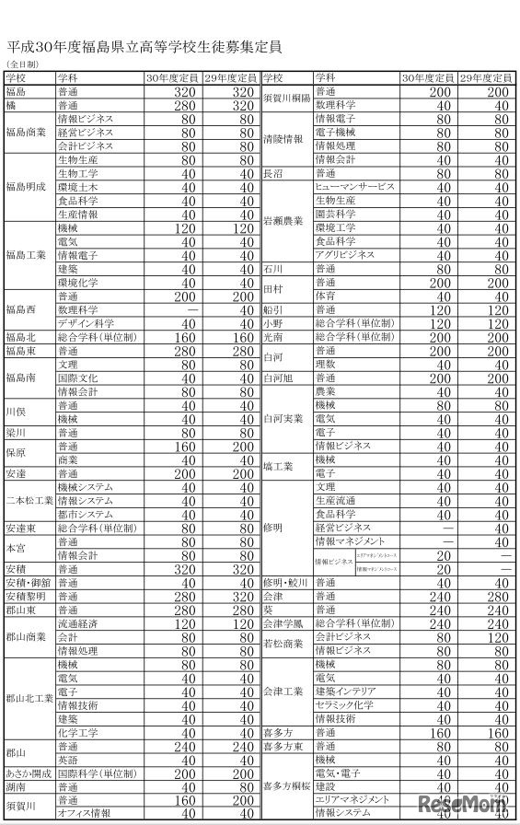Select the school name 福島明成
[x=26, y=187]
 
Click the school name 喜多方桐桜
[x=285, y=786]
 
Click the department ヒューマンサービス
[x=354, y=187]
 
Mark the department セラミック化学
[x=346, y=704]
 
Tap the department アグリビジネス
[x=345, y=255]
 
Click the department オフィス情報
[x=84, y=814]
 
